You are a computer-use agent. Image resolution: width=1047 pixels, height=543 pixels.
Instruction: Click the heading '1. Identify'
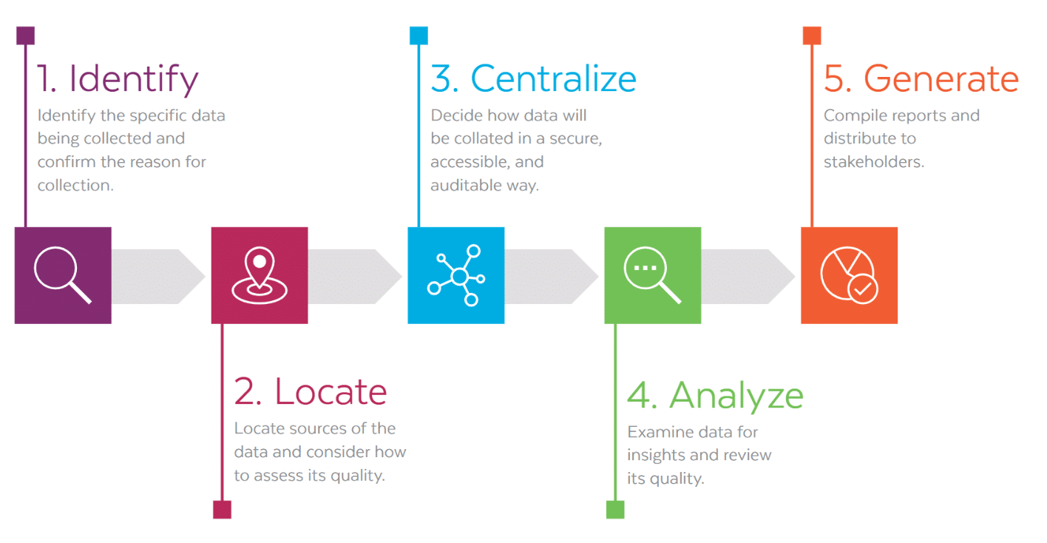118,79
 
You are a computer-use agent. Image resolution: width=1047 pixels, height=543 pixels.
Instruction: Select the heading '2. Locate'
311,391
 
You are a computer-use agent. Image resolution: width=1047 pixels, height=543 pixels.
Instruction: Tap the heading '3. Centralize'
533,78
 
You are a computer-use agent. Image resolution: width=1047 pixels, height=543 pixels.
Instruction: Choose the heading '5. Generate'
921,78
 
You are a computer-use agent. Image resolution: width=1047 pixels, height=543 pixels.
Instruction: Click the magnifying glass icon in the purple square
63,275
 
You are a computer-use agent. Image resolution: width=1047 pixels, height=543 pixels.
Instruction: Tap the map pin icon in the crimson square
260,275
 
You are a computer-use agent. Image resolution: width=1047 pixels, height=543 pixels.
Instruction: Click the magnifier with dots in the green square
652,275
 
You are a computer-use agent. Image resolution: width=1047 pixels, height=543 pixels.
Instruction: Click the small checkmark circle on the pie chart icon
862,289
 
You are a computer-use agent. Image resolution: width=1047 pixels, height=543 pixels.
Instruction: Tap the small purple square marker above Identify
26,36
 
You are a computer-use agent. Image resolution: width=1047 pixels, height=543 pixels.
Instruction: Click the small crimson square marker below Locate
222,509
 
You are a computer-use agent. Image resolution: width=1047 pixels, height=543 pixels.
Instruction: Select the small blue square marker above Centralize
419,36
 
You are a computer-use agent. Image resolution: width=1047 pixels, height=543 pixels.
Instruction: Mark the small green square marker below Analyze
615,509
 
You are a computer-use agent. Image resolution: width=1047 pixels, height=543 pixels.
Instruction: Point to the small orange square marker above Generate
812,36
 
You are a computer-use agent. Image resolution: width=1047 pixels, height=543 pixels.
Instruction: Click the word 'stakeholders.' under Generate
874,162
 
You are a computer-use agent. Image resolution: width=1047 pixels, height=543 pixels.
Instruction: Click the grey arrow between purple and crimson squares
158,277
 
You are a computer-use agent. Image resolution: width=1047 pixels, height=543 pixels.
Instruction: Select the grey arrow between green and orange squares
748,277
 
